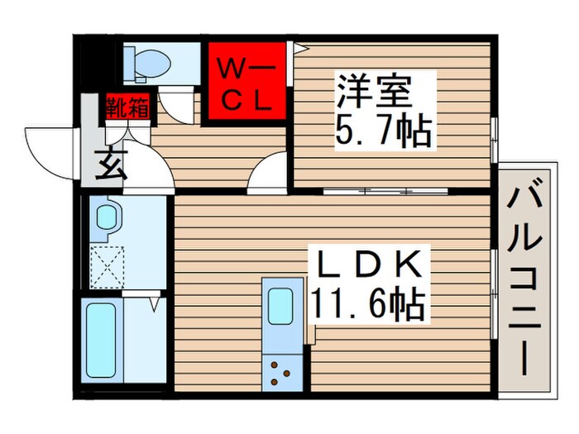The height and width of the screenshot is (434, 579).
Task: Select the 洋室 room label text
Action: [x=373, y=90]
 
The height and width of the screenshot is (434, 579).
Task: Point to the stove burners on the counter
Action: [x=282, y=371]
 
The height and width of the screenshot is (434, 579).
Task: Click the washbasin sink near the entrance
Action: [x=108, y=217]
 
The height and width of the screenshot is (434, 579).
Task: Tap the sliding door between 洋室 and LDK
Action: [x=385, y=191]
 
